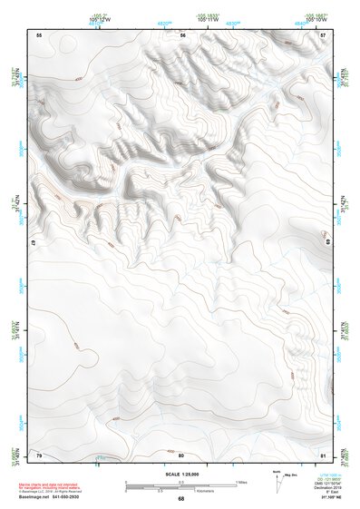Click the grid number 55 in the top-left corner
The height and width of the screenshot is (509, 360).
pos(39,34)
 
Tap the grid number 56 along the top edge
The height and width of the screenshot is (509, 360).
pos(182,34)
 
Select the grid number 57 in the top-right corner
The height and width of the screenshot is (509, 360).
pos(324,34)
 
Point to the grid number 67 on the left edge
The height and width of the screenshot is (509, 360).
pos(34,243)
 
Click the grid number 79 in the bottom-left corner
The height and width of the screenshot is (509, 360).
pos(39,454)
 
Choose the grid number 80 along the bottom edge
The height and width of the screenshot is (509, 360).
pos(181,454)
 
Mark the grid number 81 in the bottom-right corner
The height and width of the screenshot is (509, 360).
pos(324,454)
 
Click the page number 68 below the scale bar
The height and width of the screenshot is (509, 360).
pos(180,498)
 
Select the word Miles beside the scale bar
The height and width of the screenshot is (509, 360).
pos(243,481)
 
